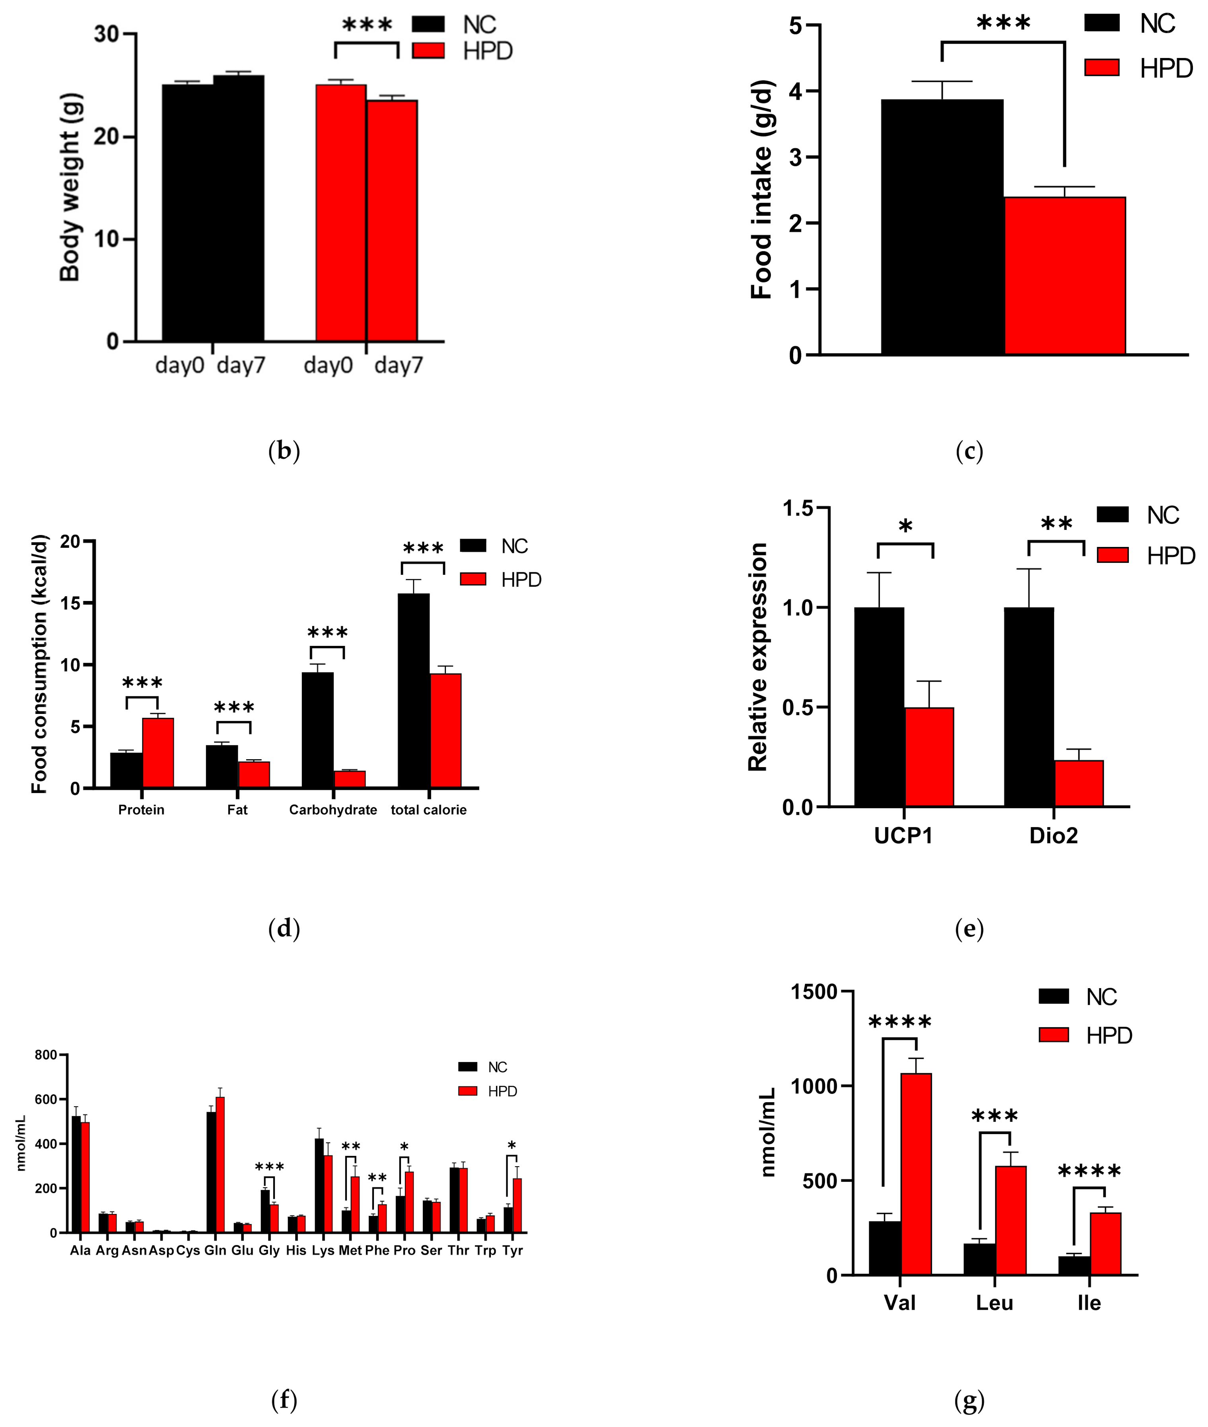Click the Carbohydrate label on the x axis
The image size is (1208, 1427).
[x=333, y=810]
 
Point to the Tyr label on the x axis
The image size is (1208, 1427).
[x=512, y=1251]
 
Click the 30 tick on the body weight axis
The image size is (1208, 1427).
[x=106, y=33]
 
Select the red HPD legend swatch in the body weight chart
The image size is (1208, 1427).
[x=428, y=50]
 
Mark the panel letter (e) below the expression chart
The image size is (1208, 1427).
[x=969, y=929]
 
